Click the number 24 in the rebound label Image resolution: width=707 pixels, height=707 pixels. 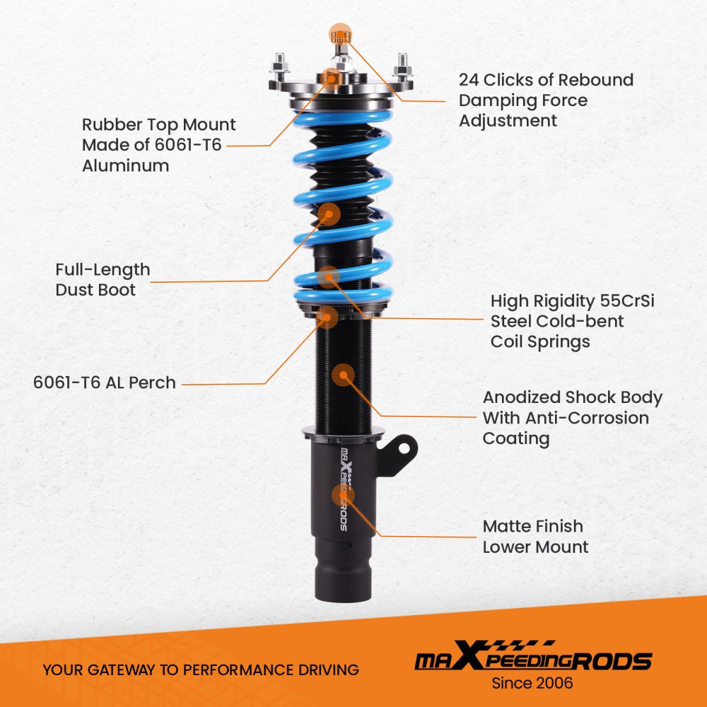coord(469,80)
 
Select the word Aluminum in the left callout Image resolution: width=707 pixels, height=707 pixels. coord(125,165)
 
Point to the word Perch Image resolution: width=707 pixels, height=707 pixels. coord(152,382)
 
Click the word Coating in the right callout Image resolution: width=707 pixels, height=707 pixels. coord(516,438)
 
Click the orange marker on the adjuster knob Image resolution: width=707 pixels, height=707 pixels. coord(341,34)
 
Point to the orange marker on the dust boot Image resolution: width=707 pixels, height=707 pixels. coord(329,214)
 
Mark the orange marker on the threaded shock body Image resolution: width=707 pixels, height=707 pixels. coord(343,375)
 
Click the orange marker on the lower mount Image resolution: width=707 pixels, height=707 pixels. coord(343,496)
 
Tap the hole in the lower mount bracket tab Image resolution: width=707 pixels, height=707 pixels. coord(404,448)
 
